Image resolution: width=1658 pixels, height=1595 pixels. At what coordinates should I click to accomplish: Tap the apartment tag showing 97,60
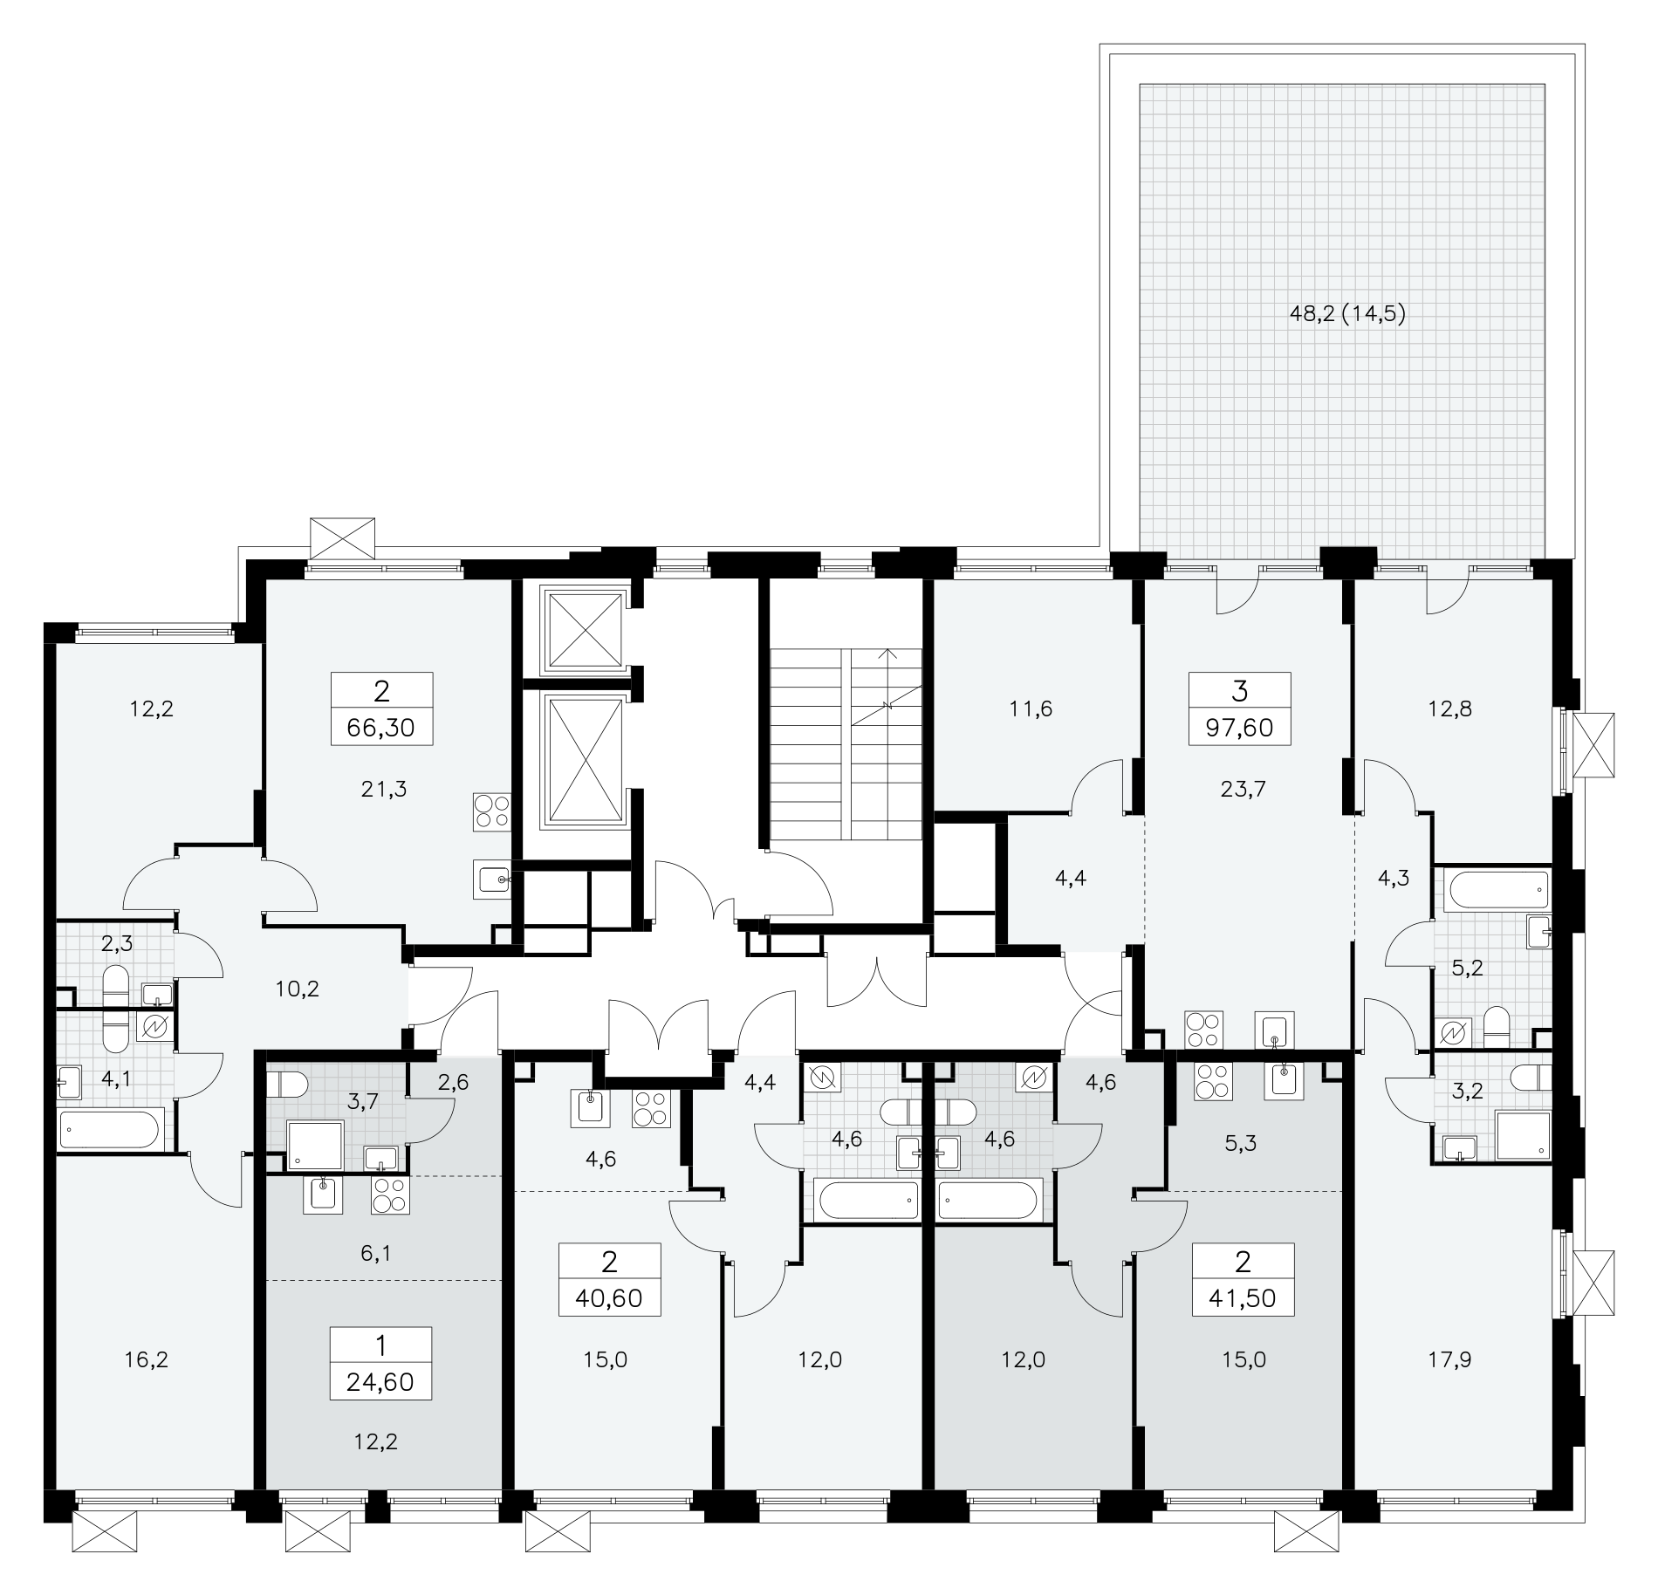(1239, 708)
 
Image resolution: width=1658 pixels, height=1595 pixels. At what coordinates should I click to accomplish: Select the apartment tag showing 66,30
(381, 708)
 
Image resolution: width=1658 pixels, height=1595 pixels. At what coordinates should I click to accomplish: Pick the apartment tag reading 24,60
(381, 1363)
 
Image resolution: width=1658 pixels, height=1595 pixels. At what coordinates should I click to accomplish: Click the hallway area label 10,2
(298, 989)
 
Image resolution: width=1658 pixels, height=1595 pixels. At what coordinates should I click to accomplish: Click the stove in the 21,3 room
(491, 811)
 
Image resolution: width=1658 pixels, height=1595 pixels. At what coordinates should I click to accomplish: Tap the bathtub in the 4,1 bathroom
(110, 1132)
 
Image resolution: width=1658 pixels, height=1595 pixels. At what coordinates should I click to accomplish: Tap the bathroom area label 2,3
(117, 942)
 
